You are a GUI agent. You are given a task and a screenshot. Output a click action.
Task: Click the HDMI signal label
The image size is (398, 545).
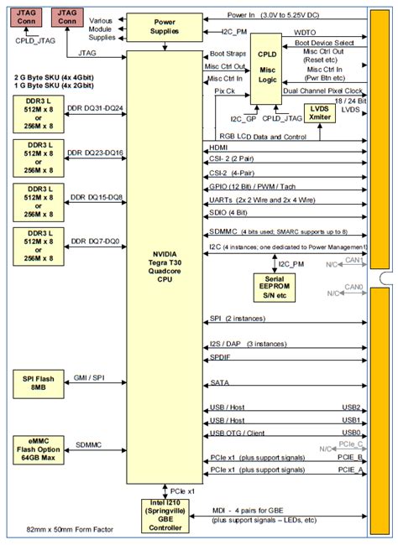click(217, 148)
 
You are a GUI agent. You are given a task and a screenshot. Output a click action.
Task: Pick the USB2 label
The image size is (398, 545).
click(350, 407)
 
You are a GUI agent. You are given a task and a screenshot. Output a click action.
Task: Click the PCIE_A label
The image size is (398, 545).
click(348, 470)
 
